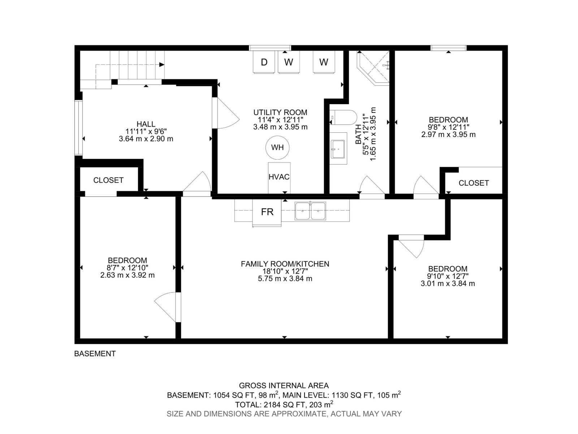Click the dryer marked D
(x=264, y=62)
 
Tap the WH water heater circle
(x=277, y=147)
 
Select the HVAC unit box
(x=279, y=177)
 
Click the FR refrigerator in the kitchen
(x=267, y=212)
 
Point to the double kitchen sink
(x=310, y=211)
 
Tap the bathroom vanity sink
(x=338, y=149)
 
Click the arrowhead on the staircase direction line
(x=162, y=65)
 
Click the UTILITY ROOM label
(x=280, y=112)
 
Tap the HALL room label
(x=146, y=124)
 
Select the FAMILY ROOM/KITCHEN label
(x=285, y=264)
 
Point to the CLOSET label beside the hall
(x=108, y=180)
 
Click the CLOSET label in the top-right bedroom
(x=474, y=183)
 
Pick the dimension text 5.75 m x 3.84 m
(x=285, y=279)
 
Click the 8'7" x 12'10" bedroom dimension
(x=127, y=268)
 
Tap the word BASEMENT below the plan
(x=95, y=354)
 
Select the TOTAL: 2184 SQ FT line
(x=284, y=404)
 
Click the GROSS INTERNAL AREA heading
(x=284, y=386)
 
